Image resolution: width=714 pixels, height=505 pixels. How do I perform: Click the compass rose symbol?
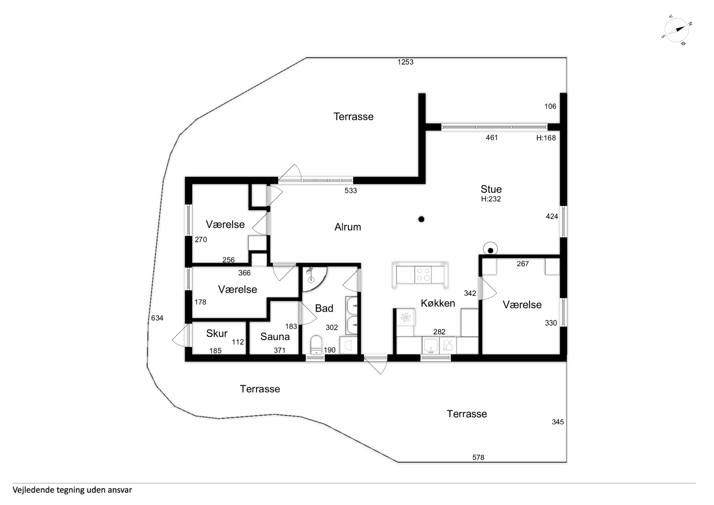pos(676,30)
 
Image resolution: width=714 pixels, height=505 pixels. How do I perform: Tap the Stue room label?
pos(491,189)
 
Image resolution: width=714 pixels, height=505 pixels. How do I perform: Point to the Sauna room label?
pos(275,337)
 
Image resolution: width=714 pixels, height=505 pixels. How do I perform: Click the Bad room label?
pos(324,308)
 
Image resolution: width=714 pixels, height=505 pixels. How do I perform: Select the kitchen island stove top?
pos(423,275)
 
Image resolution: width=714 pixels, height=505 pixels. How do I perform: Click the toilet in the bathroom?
pos(316,344)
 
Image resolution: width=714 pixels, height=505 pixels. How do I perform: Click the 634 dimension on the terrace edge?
pos(157,318)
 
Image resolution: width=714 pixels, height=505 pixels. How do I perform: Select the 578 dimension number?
pos(478,457)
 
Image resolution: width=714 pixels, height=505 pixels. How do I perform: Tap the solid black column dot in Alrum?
pos(421,219)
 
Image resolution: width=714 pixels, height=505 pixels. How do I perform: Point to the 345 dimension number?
pos(558,422)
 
